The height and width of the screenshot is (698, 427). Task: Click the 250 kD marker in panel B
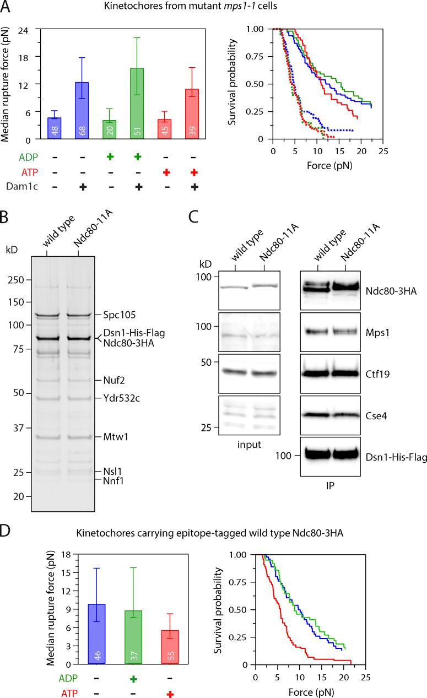pos(19,280)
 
